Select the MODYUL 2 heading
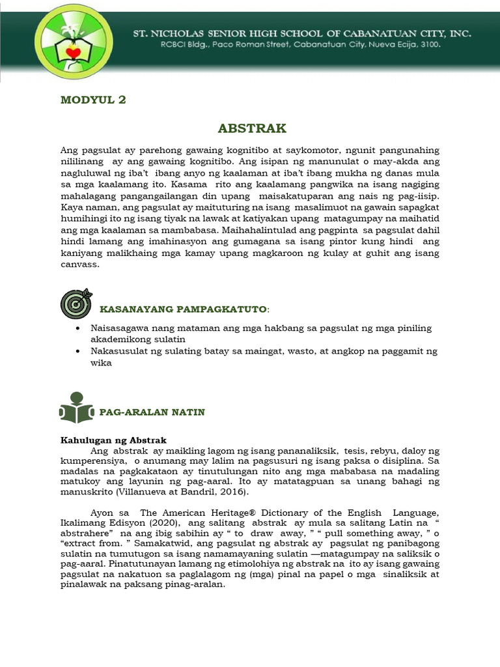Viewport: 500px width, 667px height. point(92,100)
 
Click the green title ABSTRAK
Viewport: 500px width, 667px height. point(252,128)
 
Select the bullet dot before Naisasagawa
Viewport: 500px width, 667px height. point(77,328)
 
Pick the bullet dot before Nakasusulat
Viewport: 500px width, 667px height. point(77,351)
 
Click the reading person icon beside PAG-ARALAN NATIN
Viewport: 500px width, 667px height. point(75,407)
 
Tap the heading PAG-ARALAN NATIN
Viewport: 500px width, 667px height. point(152,412)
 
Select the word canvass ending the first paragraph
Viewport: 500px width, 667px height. point(79,265)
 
